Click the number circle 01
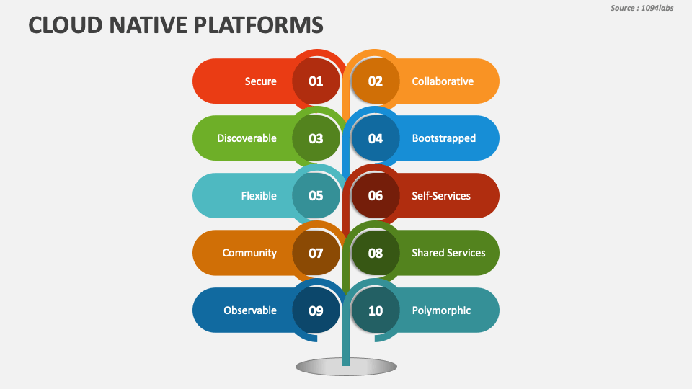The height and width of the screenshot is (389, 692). (316, 81)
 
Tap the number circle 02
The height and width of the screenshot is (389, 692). (376, 81)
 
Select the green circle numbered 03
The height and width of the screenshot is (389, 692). (316, 138)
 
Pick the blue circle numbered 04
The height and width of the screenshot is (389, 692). (376, 138)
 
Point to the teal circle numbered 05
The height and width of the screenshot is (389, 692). (316, 195)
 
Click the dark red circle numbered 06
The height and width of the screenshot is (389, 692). (376, 195)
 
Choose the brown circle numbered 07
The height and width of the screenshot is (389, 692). (316, 253)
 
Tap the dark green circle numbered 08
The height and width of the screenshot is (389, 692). (376, 253)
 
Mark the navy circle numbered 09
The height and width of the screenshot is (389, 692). (316, 310)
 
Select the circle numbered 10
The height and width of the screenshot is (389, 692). (376, 310)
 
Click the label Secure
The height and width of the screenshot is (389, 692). (260, 81)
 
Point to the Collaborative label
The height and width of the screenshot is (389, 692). (443, 81)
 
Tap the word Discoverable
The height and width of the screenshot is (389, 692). (247, 138)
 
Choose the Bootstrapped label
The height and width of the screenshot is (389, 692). (443, 138)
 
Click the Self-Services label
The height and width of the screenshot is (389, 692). (440, 195)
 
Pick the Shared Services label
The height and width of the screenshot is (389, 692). (448, 253)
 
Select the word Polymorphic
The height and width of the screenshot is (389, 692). (441, 310)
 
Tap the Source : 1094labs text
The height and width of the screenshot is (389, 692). (642, 8)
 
